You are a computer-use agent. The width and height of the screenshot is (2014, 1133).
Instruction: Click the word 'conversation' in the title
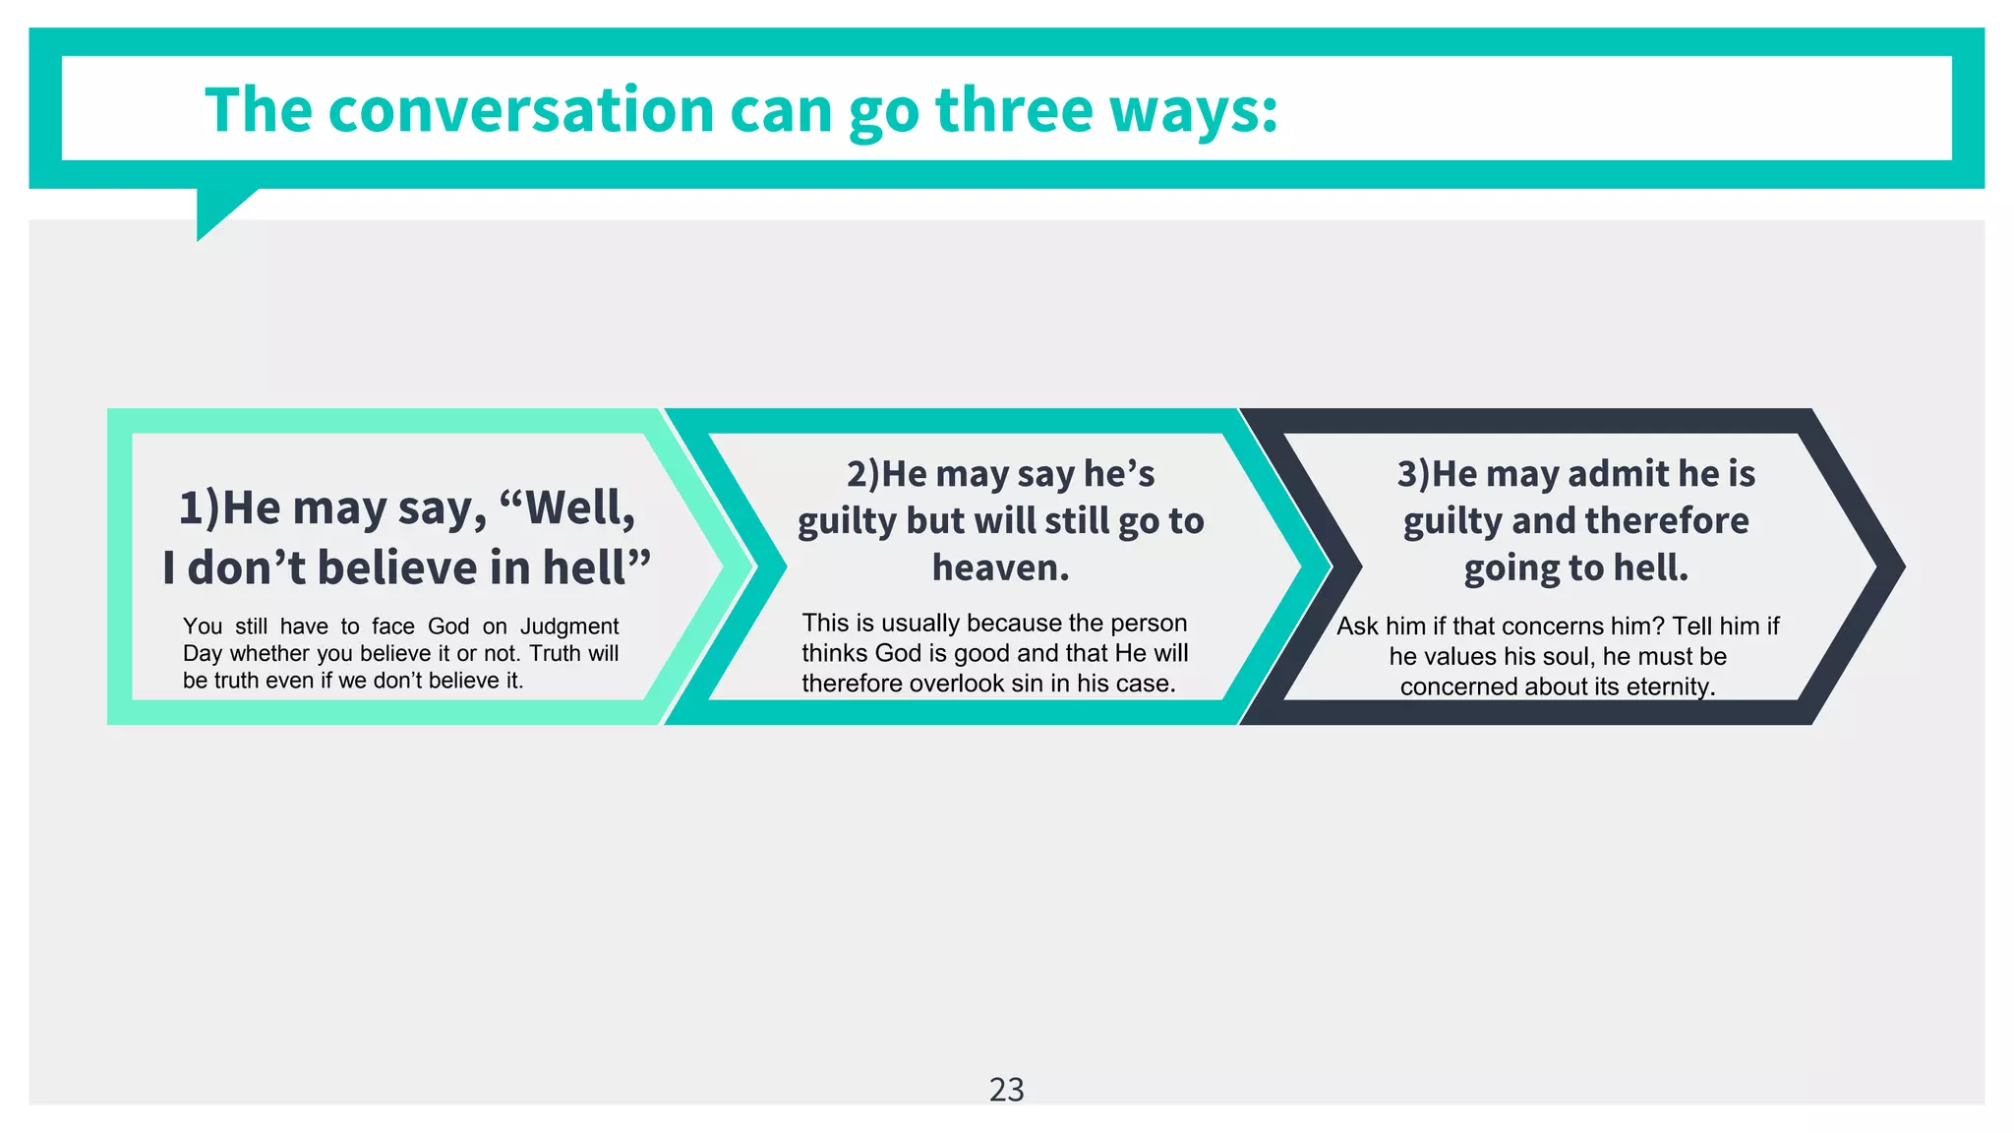(x=520, y=109)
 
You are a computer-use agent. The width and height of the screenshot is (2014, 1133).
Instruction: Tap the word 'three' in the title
(x=1014, y=109)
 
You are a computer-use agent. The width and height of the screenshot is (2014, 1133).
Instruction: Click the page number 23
(x=1006, y=1090)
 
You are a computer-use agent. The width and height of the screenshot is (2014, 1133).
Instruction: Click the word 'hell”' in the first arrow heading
(x=599, y=567)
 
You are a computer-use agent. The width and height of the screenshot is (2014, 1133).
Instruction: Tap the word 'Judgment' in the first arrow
(x=569, y=626)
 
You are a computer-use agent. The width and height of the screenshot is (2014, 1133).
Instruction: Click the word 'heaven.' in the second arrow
(x=1000, y=567)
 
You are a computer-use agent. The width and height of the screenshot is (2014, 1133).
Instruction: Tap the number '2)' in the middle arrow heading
(x=862, y=474)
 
